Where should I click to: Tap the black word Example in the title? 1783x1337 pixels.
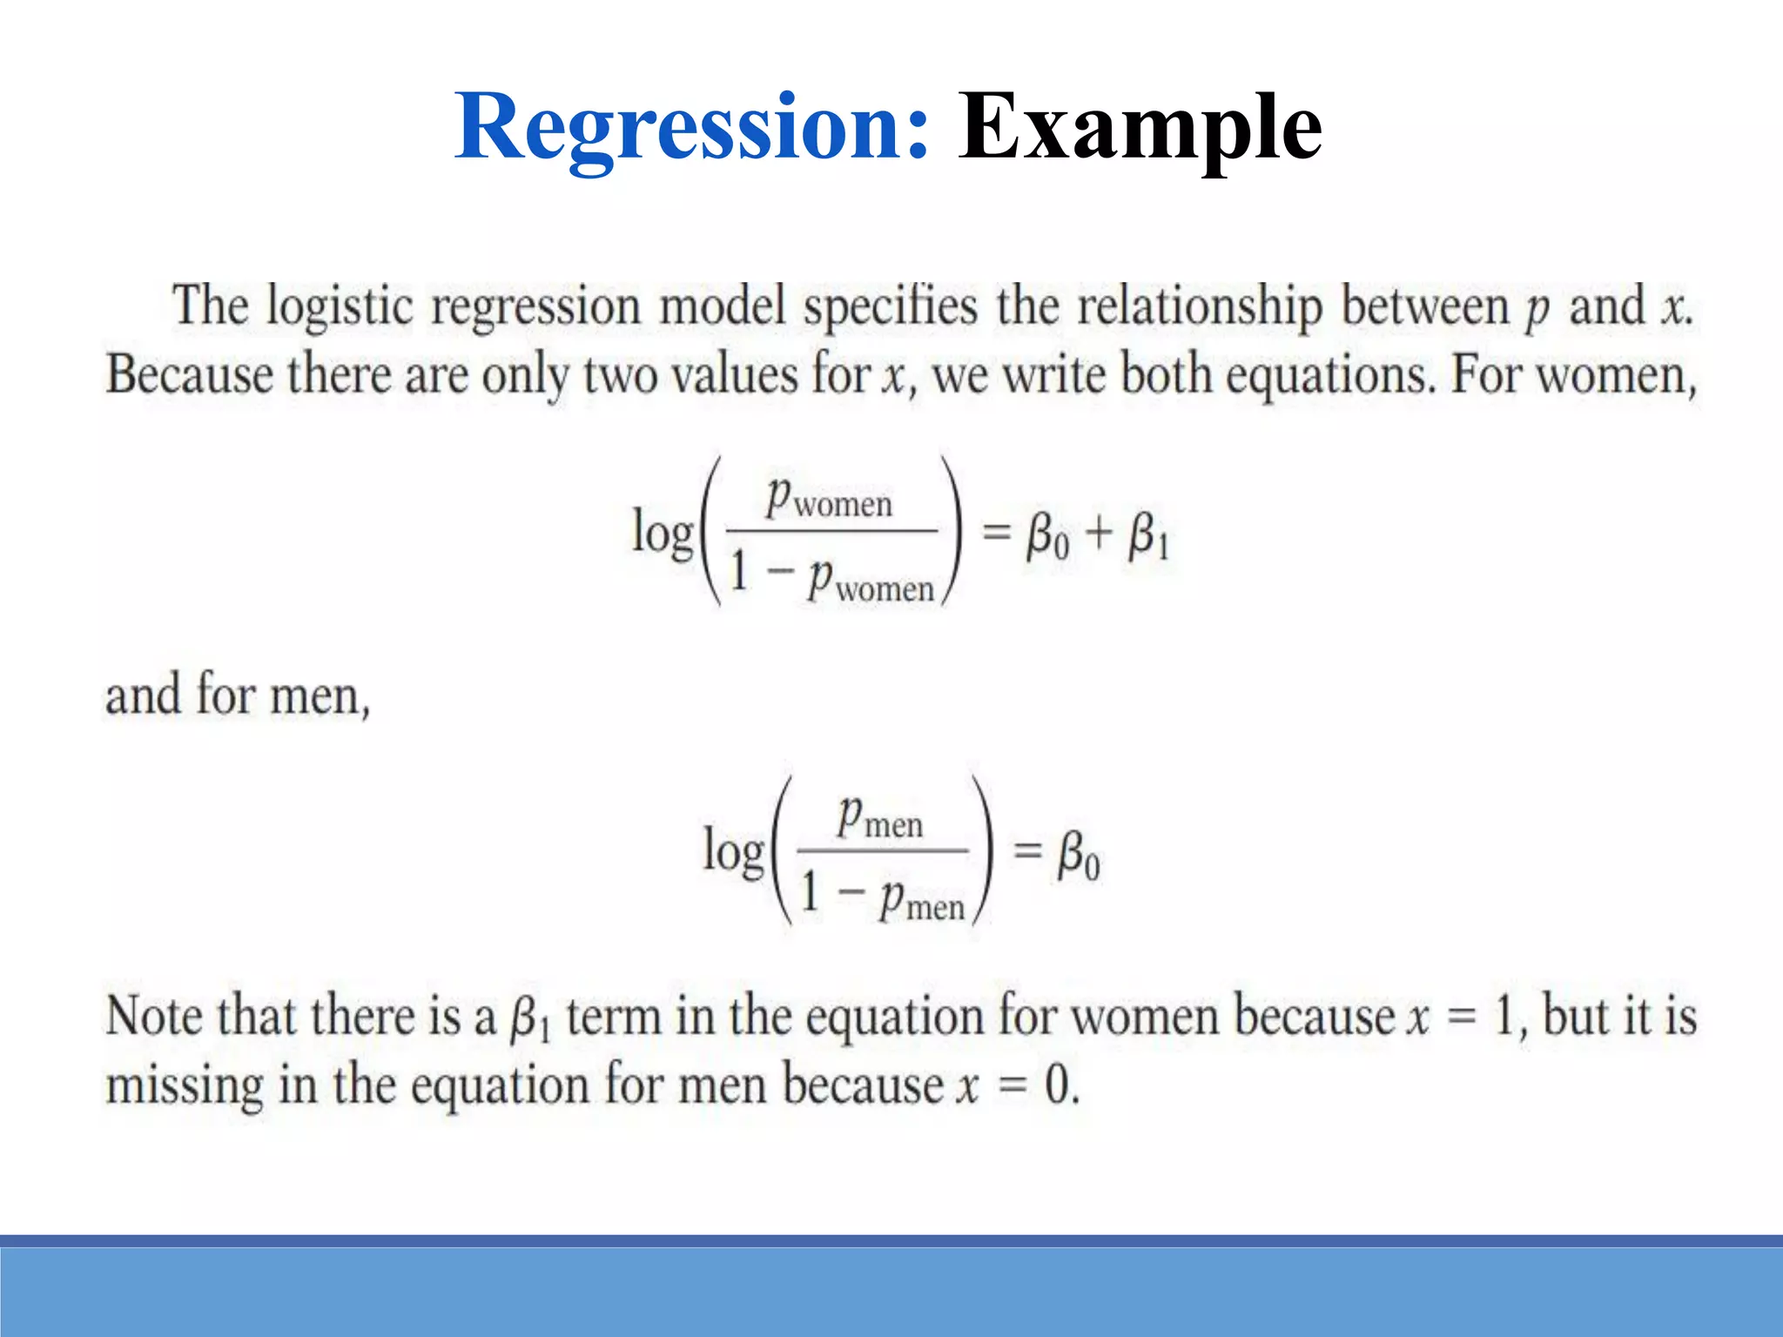1140,129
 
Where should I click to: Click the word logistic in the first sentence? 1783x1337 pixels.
339,307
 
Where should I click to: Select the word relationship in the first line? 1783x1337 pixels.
1200,307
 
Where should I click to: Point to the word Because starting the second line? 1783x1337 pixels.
190,375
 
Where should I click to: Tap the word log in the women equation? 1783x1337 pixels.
663,532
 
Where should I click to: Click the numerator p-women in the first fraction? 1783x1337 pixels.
830,498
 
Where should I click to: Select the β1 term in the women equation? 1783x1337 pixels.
1148,535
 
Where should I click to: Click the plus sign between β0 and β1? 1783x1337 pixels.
1100,532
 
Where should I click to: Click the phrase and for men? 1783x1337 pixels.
237,696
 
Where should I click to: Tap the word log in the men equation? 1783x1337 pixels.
734,850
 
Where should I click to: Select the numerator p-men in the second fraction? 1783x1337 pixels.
880,818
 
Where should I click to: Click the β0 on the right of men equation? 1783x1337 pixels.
1079,855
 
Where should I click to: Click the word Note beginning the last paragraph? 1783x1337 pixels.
155,1017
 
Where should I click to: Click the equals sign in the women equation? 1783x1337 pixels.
997,532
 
